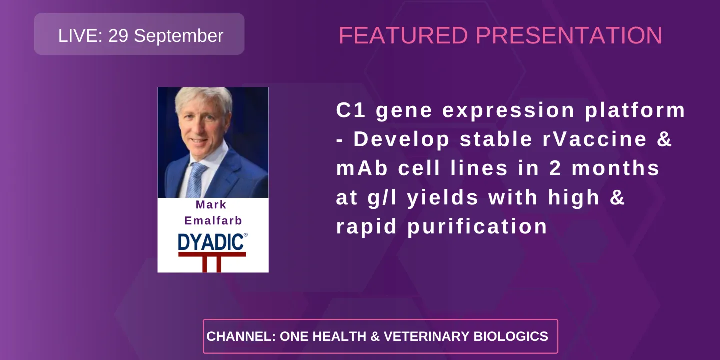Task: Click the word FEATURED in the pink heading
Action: (403, 35)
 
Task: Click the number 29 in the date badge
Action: (118, 36)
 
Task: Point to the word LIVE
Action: (80, 36)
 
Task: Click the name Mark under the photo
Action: (211, 205)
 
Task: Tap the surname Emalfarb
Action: (213, 221)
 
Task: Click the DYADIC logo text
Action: (211, 243)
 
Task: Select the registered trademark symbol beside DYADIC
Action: (245, 234)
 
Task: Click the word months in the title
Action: (615, 169)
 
